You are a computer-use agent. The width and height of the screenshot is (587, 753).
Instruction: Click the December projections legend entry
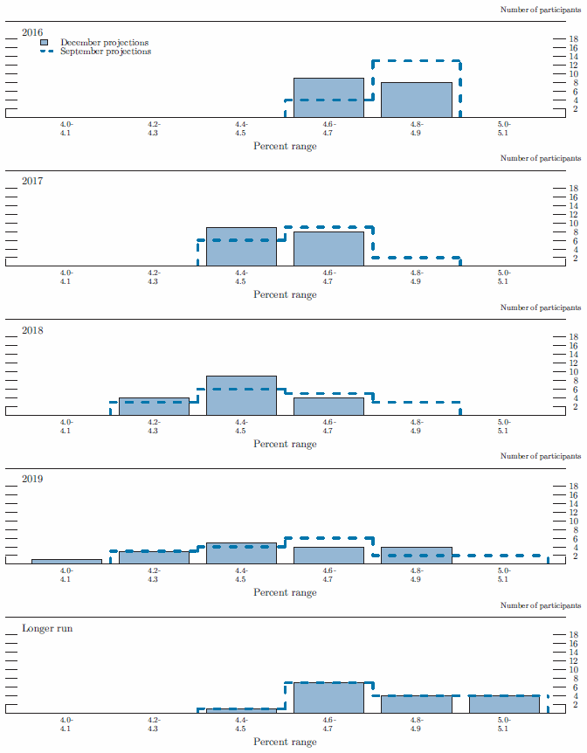pos(104,42)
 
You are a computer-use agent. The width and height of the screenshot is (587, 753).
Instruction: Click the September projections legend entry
pos(105,52)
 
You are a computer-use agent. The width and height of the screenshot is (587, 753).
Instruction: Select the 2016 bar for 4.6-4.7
pos(328,98)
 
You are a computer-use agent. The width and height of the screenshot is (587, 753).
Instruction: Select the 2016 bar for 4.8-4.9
pos(416,100)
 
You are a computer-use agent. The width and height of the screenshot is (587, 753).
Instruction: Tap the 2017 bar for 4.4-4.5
pos(241,247)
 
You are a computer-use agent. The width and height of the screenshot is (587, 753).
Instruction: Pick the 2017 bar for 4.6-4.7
pos(328,249)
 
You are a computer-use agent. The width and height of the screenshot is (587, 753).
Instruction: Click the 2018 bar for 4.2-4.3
pos(154,407)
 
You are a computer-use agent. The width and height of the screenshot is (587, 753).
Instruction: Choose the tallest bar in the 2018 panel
pos(241,396)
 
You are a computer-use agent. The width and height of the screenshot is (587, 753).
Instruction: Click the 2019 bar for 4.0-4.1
pos(66,562)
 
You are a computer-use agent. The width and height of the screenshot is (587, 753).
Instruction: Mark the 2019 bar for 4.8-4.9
pos(416,556)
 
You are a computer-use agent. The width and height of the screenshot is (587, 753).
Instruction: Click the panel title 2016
pos(32,32)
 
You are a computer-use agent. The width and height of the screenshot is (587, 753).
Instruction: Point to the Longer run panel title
pos(46,628)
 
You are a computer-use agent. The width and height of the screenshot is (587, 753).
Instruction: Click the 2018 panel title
pos(32,330)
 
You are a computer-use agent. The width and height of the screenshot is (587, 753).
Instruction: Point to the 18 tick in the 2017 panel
pos(574,189)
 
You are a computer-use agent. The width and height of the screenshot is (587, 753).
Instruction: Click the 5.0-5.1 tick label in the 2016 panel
pos(503,129)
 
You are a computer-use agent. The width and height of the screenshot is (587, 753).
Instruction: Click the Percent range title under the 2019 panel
pos(285,592)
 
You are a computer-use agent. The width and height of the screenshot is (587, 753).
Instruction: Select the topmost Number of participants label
pos(540,10)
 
